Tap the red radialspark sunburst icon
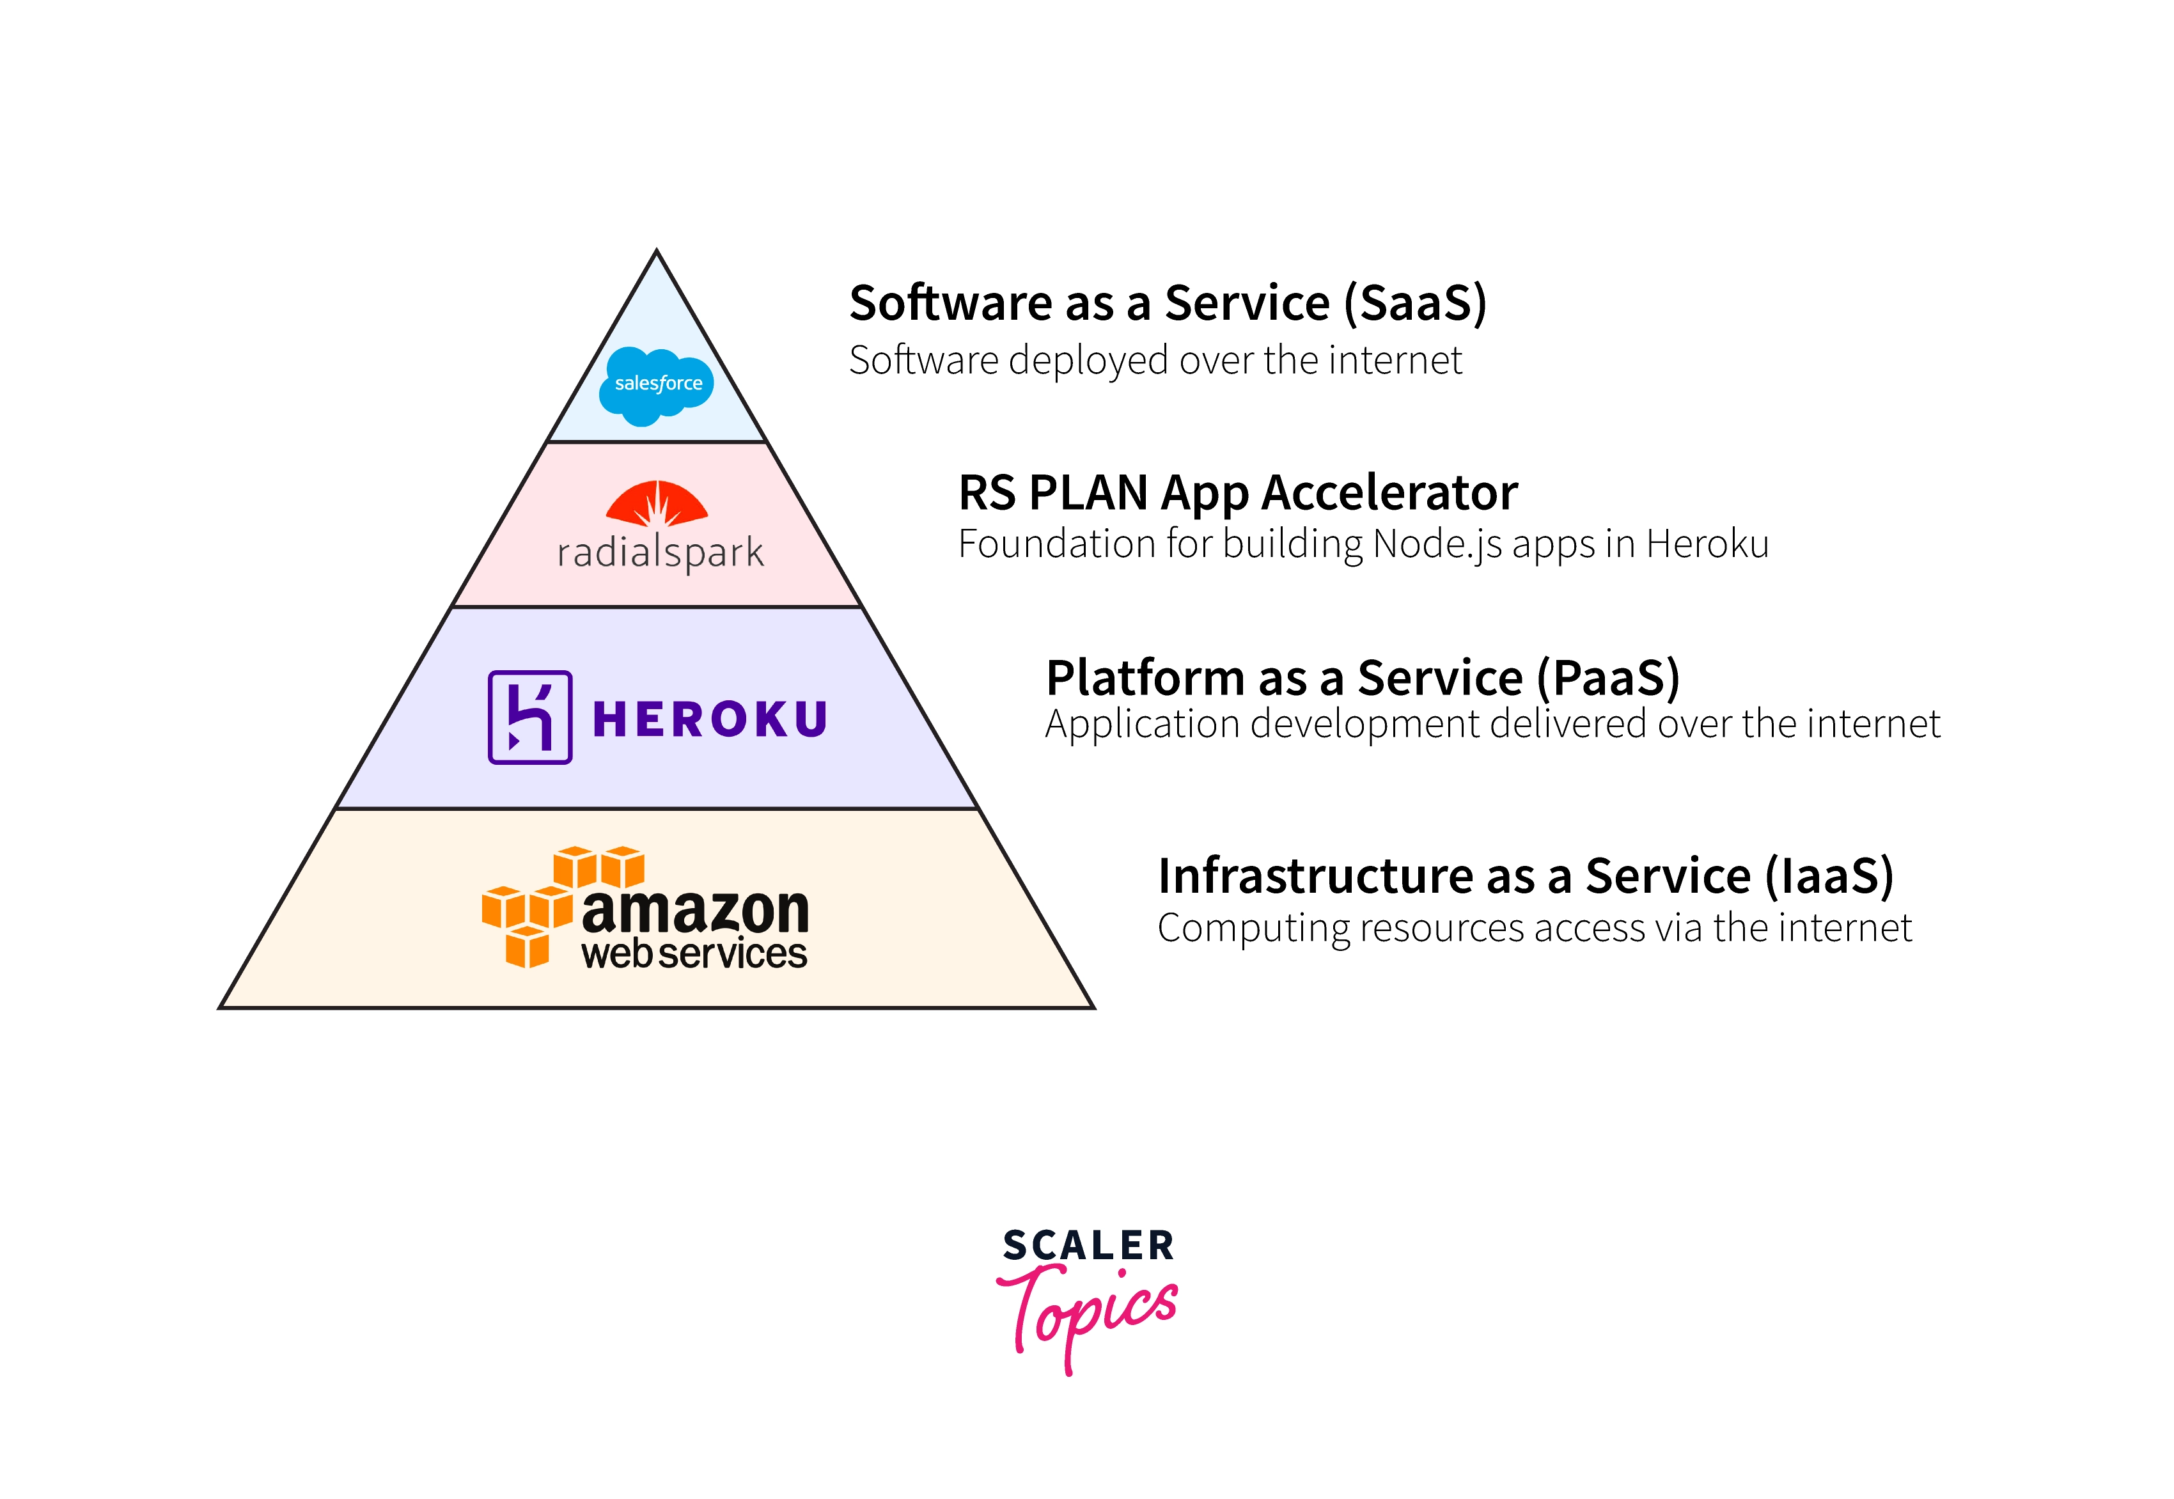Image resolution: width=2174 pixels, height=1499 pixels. point(657,503)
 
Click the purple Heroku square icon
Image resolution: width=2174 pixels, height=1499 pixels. point(529,718)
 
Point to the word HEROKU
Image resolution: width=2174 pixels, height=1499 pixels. point(710,720)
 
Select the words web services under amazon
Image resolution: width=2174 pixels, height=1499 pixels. point(694,954)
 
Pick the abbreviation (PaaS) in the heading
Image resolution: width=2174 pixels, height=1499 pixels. point(1607,678)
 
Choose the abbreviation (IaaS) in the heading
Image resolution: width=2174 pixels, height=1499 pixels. point(1829,876)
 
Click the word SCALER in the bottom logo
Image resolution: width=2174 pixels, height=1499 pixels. point(1088,1245)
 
